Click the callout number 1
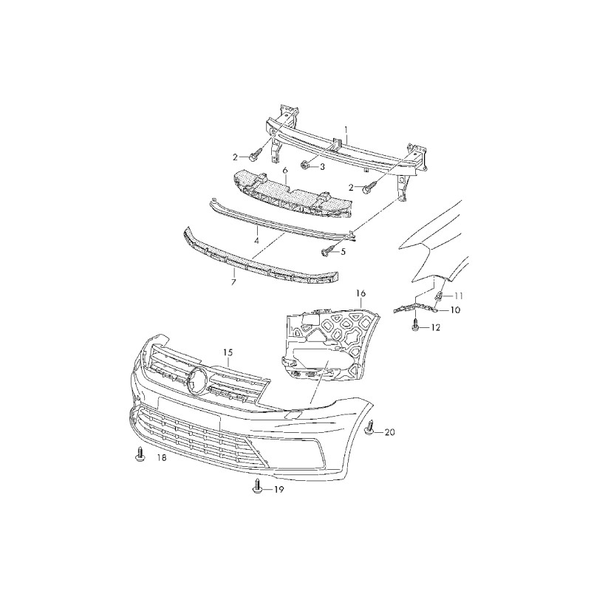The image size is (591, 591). point(346,130)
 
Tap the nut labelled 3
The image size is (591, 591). point(304,164)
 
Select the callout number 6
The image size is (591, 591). point(285,171)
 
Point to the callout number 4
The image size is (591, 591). point(256,240)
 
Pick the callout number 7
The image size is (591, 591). point(233,281)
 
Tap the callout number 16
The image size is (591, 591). point(361,293)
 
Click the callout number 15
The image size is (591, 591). point(228,352)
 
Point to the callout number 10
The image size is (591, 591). point(455,310)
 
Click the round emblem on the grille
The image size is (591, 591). point(197,380)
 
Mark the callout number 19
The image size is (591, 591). point(279,490)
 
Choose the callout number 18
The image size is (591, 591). point(161,457)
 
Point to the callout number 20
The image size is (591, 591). point(390,432)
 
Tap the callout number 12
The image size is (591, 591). point(435,328)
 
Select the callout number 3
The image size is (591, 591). point(321,166)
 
